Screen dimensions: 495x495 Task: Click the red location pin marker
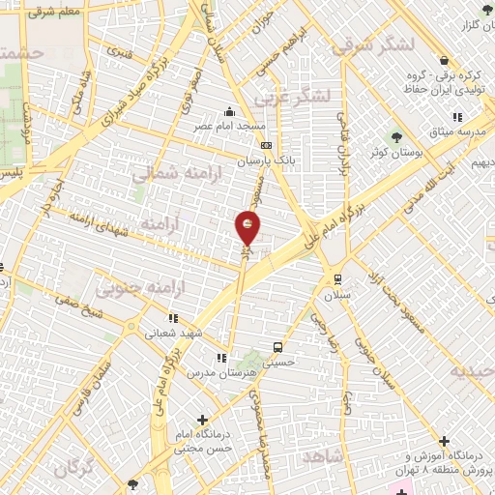(x=248, y=228)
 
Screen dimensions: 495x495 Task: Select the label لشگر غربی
(x=295, y=96)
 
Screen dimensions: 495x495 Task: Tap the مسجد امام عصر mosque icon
(x=228, y=111)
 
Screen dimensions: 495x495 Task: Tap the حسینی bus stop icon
(x=278, y=347)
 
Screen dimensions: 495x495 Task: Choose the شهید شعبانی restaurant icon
(x=173, y=317)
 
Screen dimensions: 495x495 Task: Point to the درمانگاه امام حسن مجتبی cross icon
(x=201, y=420)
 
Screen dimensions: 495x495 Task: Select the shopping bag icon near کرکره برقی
(x=443, y=59)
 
